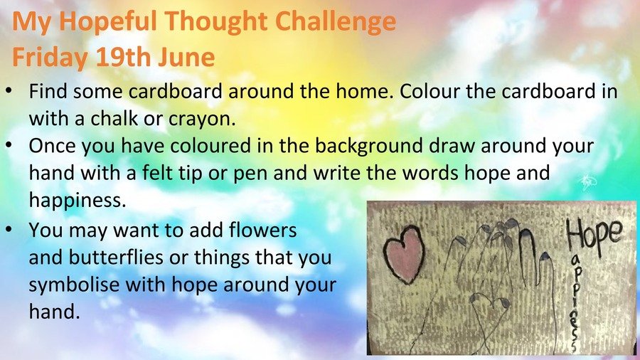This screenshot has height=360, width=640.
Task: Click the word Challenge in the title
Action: (336, 22)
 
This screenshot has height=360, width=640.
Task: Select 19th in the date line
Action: (124, 57)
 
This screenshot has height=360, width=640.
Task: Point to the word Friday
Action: (50, 58)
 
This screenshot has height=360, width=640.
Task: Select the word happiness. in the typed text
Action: (78, 201)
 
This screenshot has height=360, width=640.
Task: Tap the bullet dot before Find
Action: (9, 91)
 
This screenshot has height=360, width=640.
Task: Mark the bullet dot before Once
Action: (9, 146)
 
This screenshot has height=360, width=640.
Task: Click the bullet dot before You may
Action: (9, 230)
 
